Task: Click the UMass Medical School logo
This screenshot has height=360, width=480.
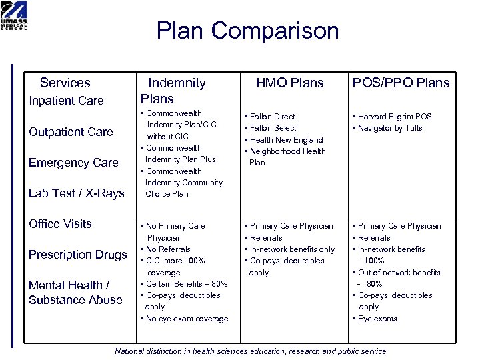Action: pyautogui.click(x=14, y=15)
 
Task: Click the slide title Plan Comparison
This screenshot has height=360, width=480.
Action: pyautogui.click(x=247, y=31)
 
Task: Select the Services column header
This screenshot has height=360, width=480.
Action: pyautogui.click(x=65, y=83)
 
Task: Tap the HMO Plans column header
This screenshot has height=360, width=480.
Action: pyautogui.click(x=290, y=83)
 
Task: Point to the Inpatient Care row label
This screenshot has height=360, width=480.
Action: pyautogui.click(x=66, y=101)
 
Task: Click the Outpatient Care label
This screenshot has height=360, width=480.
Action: pyautogui.click(x=71, y=132)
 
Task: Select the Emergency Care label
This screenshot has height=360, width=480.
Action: pyautogui.click(x=73, y=163)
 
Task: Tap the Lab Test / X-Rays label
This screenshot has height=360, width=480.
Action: pyautogui.click(x=76, y=193)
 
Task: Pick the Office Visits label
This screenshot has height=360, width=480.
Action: pyautogui.click(x=60, y=224)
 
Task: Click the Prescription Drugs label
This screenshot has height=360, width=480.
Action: pyautogui.click(x=77, y=255)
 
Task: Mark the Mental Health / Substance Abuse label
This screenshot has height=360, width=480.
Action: pyautogui.click(x=75, y=292)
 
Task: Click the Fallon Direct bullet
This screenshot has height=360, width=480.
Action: pyautogui.click(x=272, y=117)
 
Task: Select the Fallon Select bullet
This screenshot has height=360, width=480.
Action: pyautogui.click(x=273, y=128)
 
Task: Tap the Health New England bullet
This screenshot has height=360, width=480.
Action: pyautogui.click(x=286, y=139)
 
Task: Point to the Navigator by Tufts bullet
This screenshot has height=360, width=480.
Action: pyautogui.click(x=390, y=128)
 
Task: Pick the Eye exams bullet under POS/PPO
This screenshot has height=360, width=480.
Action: pyautogui.click(x=377, y=319)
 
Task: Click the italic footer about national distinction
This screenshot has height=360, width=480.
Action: pyautogui.click(x=251, y=351)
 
